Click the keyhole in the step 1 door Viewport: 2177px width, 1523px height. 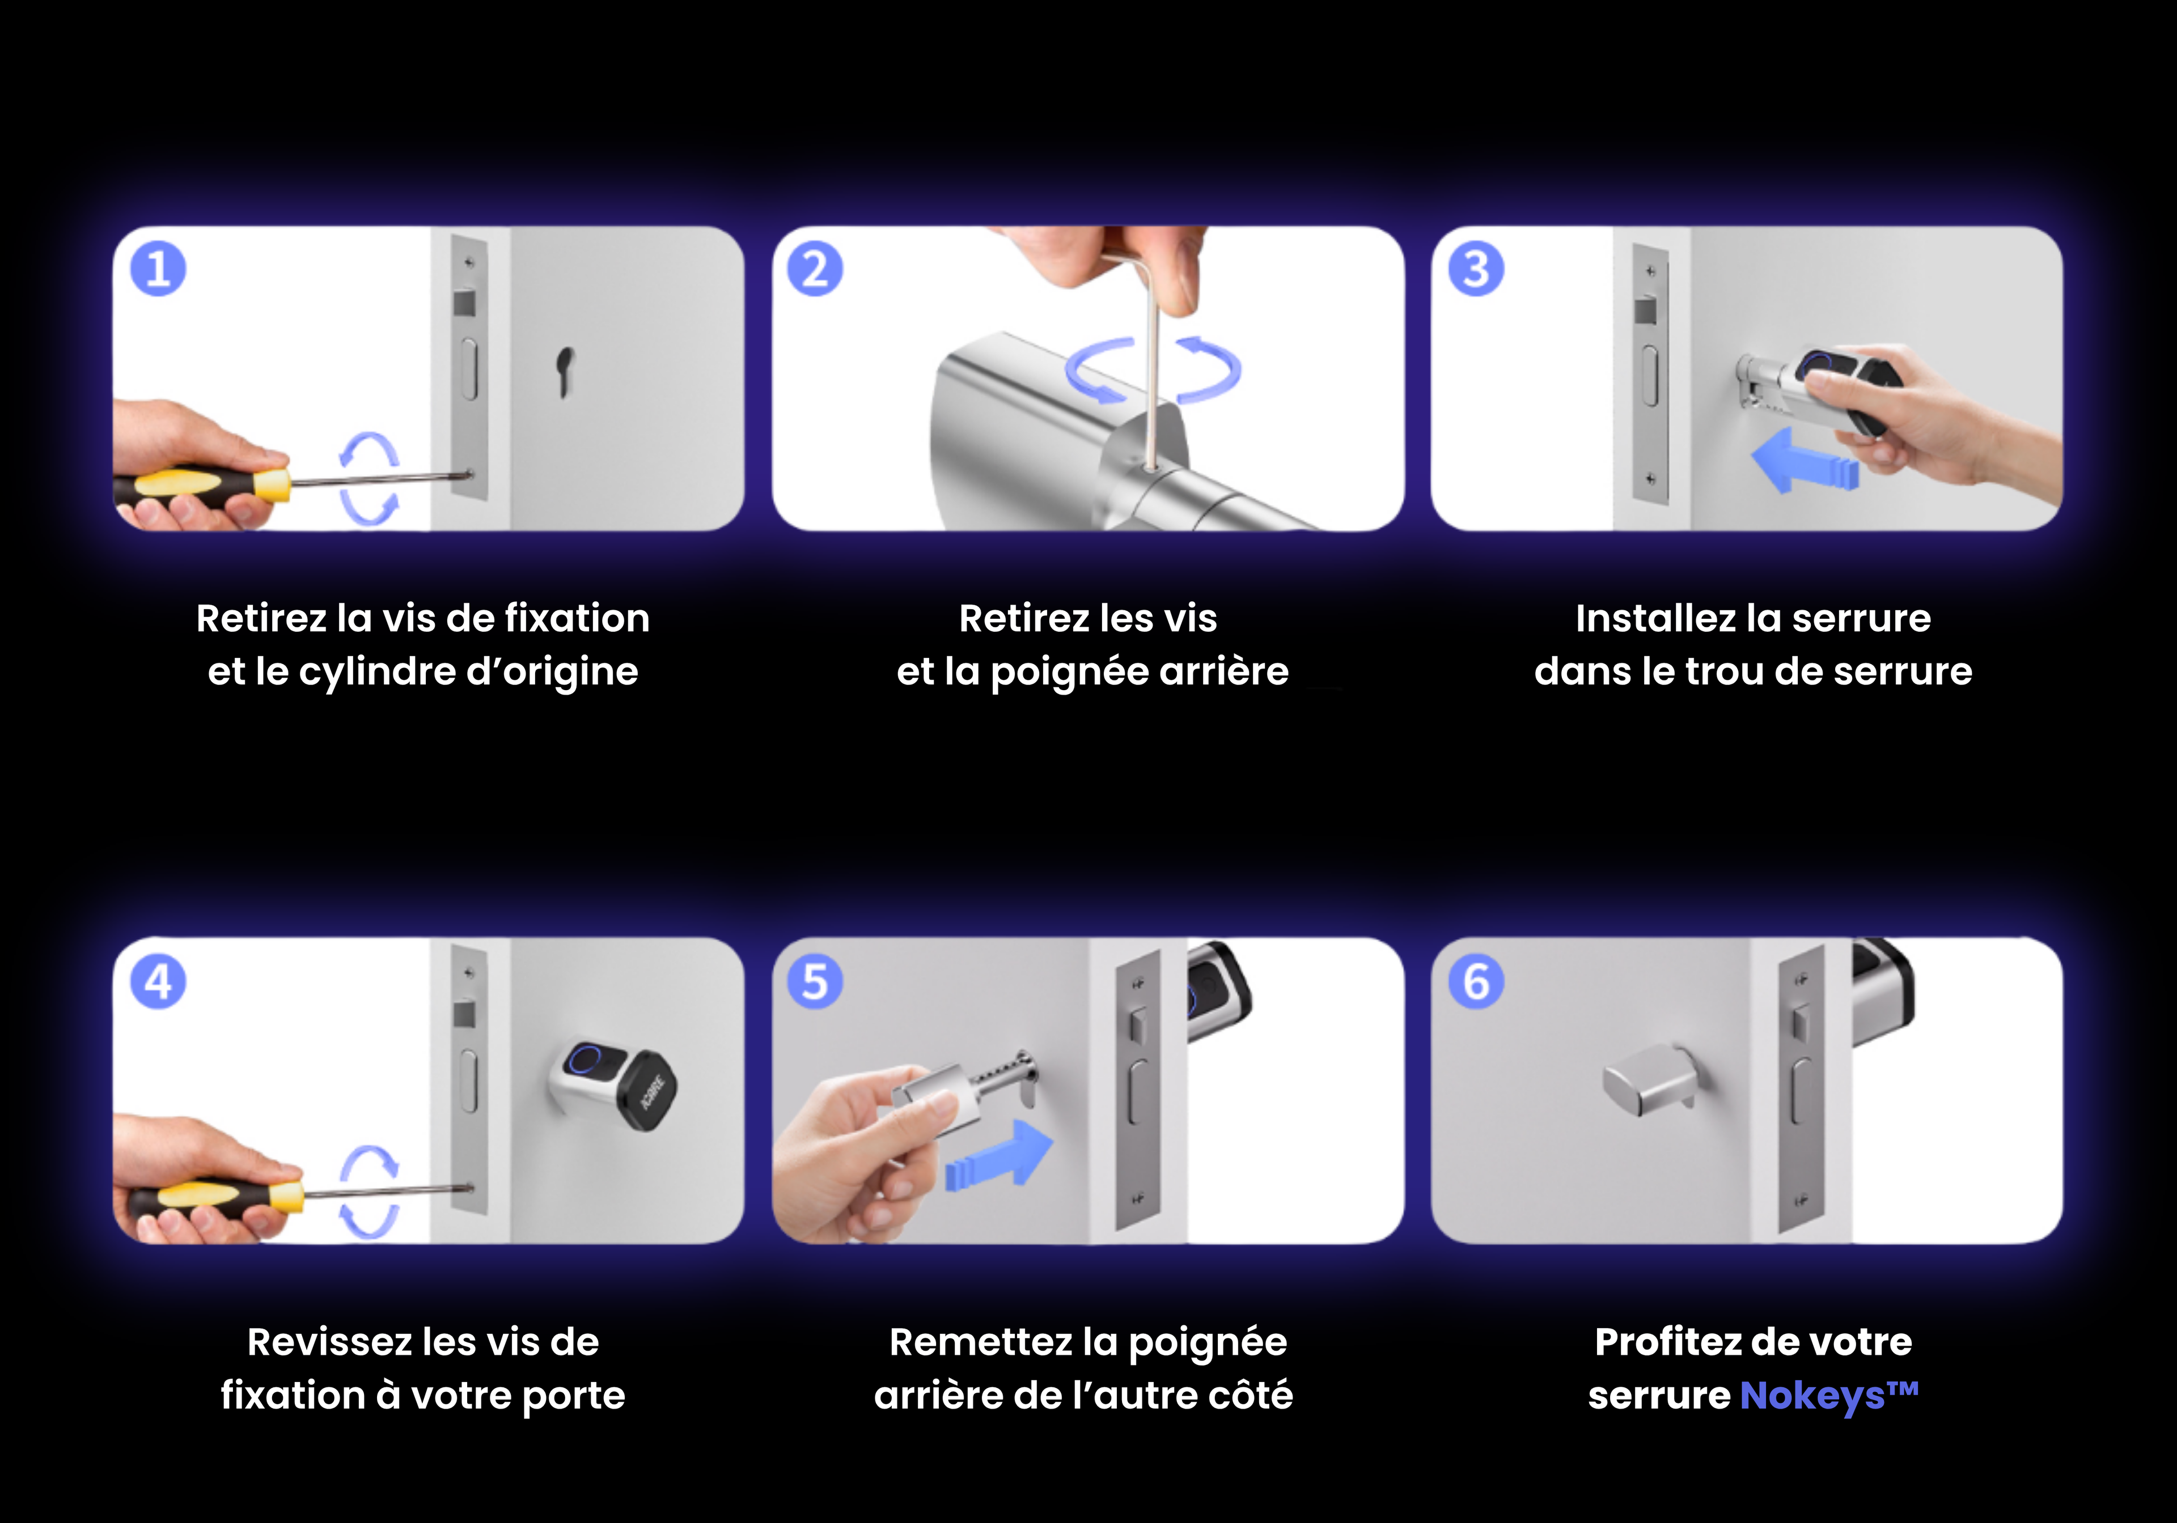click(x=565, y=372)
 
